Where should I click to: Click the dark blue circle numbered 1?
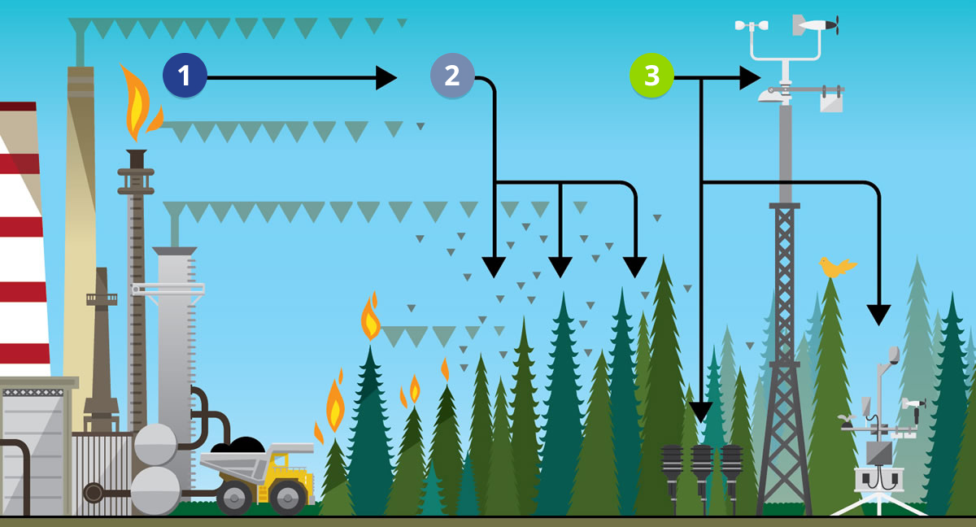[x=185, y=76]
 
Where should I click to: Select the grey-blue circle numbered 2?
[x=451, y=76]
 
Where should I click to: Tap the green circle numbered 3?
[x=651, y=76]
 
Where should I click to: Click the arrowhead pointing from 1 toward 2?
[x=386, y=78]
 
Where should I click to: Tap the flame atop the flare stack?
[x=137, y=106]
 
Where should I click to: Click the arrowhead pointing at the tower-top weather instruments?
[x=750, y=78]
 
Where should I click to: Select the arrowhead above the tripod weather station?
[x=878, y=315]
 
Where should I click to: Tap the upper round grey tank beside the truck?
[x=155, y=444]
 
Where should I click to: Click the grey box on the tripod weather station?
[x=878, y=452]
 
